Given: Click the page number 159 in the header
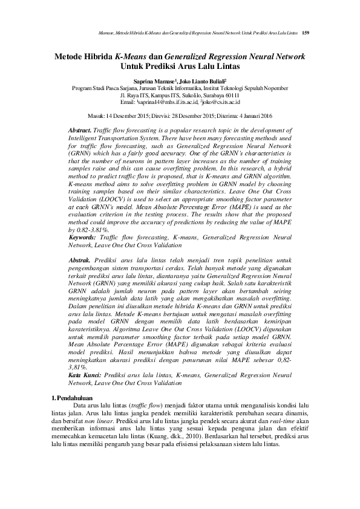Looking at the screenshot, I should [x=306, y=31].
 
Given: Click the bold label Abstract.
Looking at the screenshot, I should [x=80, y=131].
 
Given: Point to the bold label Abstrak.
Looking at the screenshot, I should [x=80, y=259].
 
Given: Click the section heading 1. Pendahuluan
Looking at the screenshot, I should [x=71, y=397].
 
